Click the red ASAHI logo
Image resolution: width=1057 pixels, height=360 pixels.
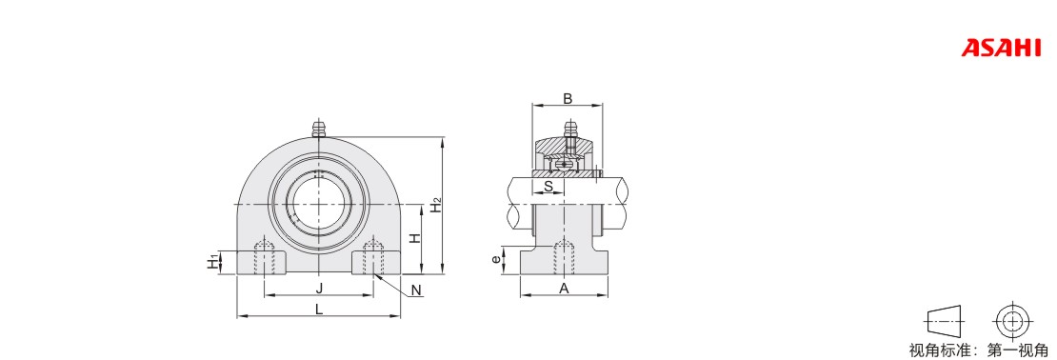coord(1001,49)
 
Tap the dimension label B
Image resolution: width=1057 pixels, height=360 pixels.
coord(568,98)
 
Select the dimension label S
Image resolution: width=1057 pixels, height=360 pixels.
coord(548,186)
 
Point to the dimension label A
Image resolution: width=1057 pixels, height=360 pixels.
coord(565,289)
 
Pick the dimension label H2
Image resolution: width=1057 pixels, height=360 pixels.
coord(437,206)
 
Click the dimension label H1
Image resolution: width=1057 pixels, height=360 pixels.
coord(213,262)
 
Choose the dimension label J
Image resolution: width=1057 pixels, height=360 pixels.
coord(320,289)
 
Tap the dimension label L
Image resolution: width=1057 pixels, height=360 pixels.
coord(320,310)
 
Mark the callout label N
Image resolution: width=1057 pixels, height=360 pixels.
coord(416,290)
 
